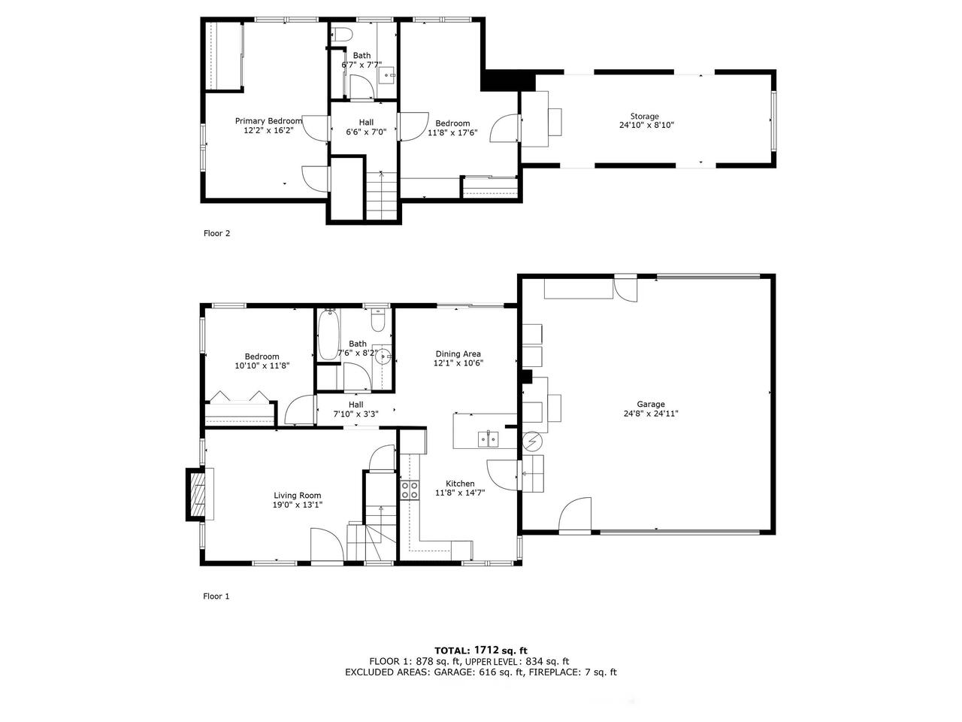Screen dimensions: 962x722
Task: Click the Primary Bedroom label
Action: coord(268,121)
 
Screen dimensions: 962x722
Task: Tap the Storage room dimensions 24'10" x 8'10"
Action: coord(646,125)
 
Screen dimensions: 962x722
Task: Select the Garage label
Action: coord(651,404)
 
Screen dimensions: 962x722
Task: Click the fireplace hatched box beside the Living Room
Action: coord(198,494)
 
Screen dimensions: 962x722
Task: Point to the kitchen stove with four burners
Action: coord(410,490)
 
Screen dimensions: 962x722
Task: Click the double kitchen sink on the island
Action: coord(489,438)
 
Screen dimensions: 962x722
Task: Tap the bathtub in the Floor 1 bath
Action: coord(328,334)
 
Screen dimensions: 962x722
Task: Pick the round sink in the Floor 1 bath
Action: coord(383,356)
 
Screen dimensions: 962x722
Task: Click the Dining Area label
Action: coord(458,353)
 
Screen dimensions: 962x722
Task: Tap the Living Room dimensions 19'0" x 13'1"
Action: coord(298,505)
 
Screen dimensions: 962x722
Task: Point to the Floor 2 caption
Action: coord(216,233)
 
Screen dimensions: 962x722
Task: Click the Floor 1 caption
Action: coord(216,596)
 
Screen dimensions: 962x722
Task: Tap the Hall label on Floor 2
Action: coord(367,123)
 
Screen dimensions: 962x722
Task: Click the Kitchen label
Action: coord(460,484)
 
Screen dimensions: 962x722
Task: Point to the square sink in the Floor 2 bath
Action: coord(387,75)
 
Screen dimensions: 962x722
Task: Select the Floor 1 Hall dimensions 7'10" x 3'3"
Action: coord(356,414)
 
